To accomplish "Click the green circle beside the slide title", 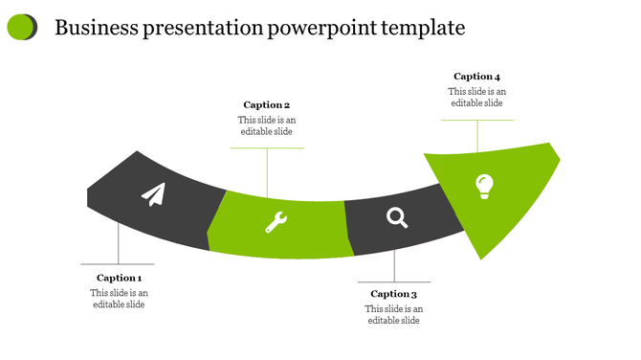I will click(x=21, y=28).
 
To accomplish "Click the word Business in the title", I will click(x=95, y=28).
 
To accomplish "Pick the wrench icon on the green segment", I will click(x=276, y=223).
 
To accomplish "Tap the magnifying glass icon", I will click(x=397, y=217).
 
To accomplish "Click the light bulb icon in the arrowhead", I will click(x=485, y=186).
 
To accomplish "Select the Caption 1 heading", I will click(x=119, y=278).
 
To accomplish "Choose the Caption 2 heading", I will click(x=266, y=104).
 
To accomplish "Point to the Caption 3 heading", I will click(x=394, y=294).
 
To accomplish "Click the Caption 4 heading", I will click(x=476, y=76).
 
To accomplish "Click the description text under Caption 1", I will click(x=119, y=299).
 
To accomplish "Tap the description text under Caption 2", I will click(x=267, y=125).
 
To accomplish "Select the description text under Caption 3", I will click(x=394, y=315).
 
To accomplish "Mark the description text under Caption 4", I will click(x=476, y=97).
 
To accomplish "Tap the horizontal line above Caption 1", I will click(x=118, y=263).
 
